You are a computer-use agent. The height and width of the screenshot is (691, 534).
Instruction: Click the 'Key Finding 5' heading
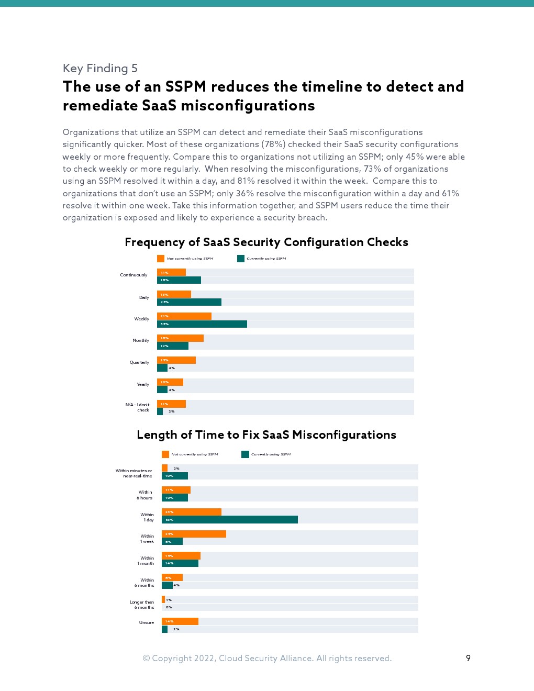(x=100, y=69)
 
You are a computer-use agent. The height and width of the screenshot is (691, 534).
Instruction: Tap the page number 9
(x=468, y=658)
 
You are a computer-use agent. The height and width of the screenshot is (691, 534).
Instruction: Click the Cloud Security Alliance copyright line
(x=267, y=658)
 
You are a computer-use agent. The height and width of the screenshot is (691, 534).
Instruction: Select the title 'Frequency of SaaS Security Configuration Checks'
(x=266, y=242)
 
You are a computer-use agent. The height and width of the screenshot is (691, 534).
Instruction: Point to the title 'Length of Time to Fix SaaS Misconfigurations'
(x=266, y=435)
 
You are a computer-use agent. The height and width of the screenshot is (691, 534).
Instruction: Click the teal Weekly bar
(x=202, y=324)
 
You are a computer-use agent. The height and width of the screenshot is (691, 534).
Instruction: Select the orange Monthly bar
(x=180, y=338)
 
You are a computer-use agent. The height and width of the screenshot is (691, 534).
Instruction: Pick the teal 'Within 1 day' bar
(x=230, y=520)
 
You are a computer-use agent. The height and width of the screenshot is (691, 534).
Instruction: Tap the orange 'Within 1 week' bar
(x=194, y=534)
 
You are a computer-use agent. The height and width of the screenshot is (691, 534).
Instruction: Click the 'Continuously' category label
(x=133, y=275)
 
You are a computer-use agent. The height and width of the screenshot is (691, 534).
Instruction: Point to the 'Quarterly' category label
(x=139, y=362)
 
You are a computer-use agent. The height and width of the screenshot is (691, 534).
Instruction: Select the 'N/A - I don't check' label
(x=137, y=407)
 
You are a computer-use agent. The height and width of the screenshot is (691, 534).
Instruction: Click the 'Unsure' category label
(x=147, y=622)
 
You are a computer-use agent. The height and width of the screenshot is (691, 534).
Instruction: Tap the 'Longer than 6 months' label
(x=142, y=605)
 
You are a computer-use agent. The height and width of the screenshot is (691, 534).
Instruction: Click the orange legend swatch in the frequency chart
(x=161, y=259)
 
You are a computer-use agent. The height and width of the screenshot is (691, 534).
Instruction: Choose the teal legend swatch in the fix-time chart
(x=245, y=454)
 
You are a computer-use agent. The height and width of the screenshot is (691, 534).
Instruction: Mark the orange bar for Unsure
(x=180, y=621)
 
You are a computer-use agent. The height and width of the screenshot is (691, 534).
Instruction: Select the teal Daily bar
(x=189, y=302)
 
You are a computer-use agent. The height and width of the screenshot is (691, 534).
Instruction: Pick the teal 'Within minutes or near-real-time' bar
(x=175, y=476)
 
